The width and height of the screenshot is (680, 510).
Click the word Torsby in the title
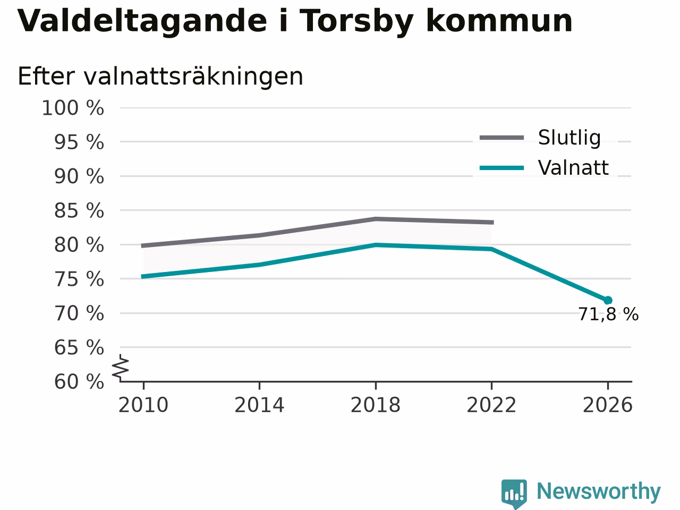pos(356,22)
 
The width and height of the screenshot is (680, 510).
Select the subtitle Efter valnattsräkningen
pos(160,76)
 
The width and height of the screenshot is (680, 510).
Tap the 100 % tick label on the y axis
pos(73,108)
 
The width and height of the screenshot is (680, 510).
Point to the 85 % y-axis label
pos(79,211)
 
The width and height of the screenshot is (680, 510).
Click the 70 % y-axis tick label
pos(79,313)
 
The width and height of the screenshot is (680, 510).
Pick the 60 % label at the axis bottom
pos(79,381)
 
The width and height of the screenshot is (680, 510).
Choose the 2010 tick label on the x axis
pos(143,405)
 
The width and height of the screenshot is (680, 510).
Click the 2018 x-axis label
pos(376,405)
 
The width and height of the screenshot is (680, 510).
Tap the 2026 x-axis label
pos(608,405)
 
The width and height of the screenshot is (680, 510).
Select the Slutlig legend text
pos(569,138)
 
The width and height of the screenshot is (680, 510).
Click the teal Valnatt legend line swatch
pos(502,168)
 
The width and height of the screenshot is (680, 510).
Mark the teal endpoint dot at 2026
pos(608,300)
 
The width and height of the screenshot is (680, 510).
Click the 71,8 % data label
pos(608,314)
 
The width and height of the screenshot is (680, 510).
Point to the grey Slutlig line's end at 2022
pos(492,223)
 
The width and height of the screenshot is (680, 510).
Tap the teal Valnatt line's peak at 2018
pos(376,245)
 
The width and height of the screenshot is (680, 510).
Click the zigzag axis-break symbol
pos(121,368)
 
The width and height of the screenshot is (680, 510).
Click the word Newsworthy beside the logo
pos(599,491)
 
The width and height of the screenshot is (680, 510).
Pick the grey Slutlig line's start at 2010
pos(142,246)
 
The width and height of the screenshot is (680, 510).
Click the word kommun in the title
pos(499,22)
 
